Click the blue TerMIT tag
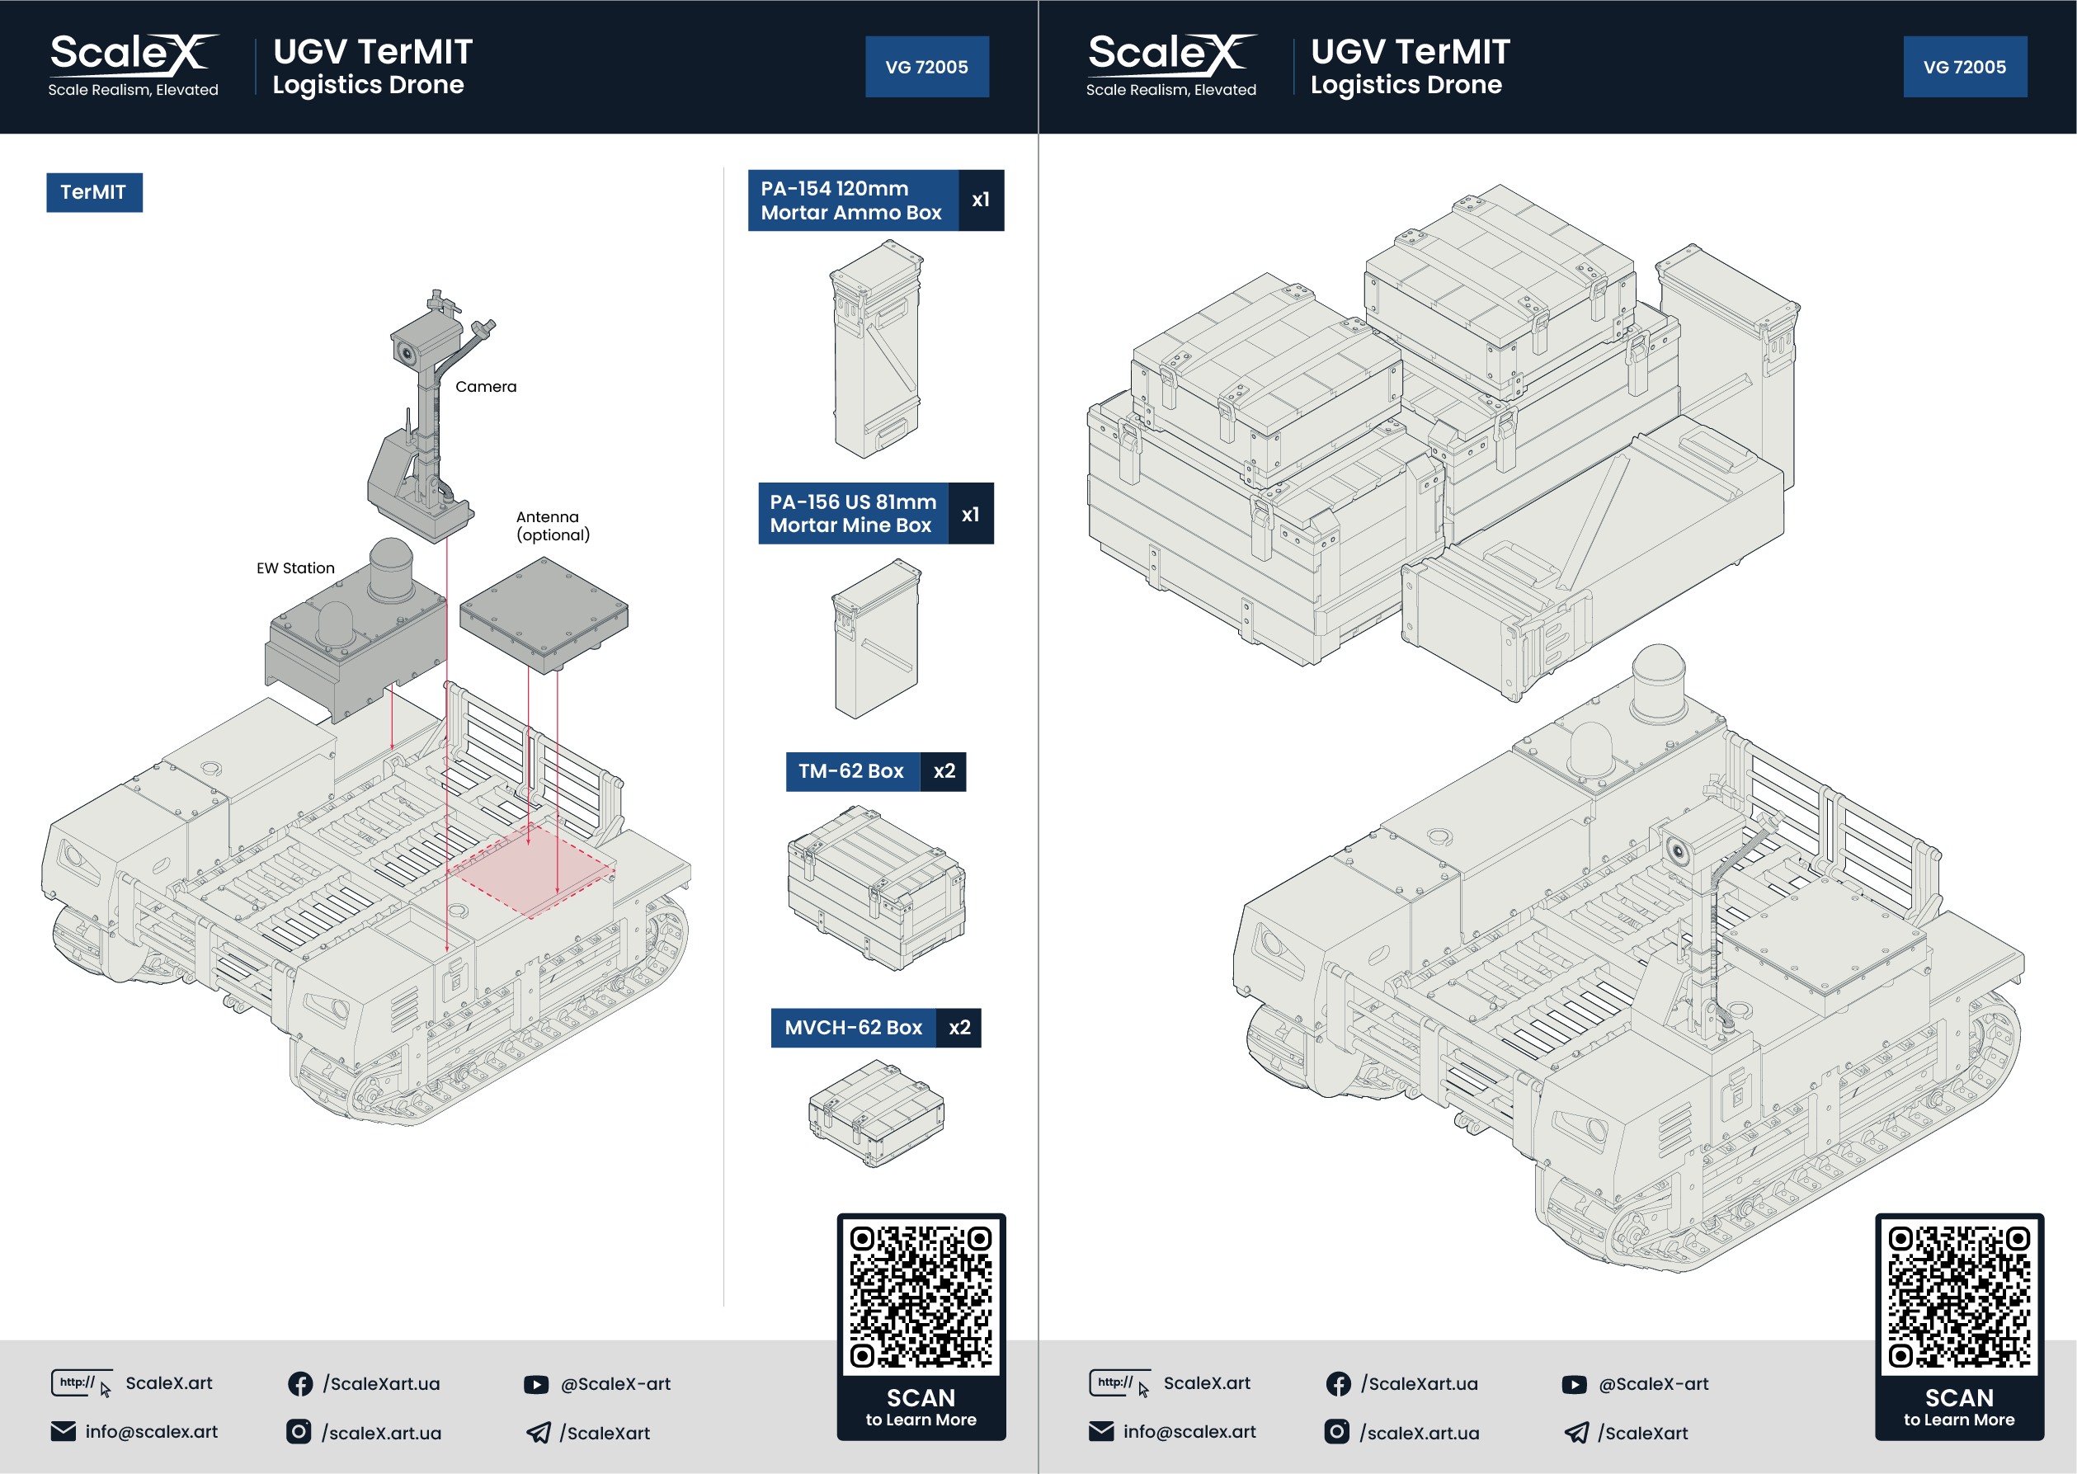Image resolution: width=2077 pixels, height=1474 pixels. click(93, 192)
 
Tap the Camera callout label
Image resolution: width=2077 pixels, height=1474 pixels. click(486, 387)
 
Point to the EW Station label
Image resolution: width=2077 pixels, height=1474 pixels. click(295, 568)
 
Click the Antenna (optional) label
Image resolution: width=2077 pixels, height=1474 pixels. click(553, 525)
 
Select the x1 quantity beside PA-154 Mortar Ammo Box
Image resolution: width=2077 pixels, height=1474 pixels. click(980, 200)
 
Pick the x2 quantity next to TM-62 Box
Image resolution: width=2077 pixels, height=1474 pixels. click(944, 771)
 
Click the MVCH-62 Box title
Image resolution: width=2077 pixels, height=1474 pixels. click(853, 1028)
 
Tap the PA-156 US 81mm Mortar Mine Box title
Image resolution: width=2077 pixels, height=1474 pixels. click(852, 514)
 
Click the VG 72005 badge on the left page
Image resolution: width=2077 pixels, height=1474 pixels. click(926, 67)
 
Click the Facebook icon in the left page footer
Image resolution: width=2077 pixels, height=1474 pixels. click(300, 1383)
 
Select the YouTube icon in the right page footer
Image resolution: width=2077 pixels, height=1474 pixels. click(1575, 1384)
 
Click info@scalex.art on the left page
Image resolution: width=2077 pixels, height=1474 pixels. click(151, 1431)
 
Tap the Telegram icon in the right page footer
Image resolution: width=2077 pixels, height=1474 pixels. click(1577, 1432)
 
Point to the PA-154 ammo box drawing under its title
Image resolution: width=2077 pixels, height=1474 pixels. click(877, 349)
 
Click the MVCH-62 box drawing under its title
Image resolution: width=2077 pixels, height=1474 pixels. click(876, 1113)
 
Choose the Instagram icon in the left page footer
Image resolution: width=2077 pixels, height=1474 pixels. click(299, 1431)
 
